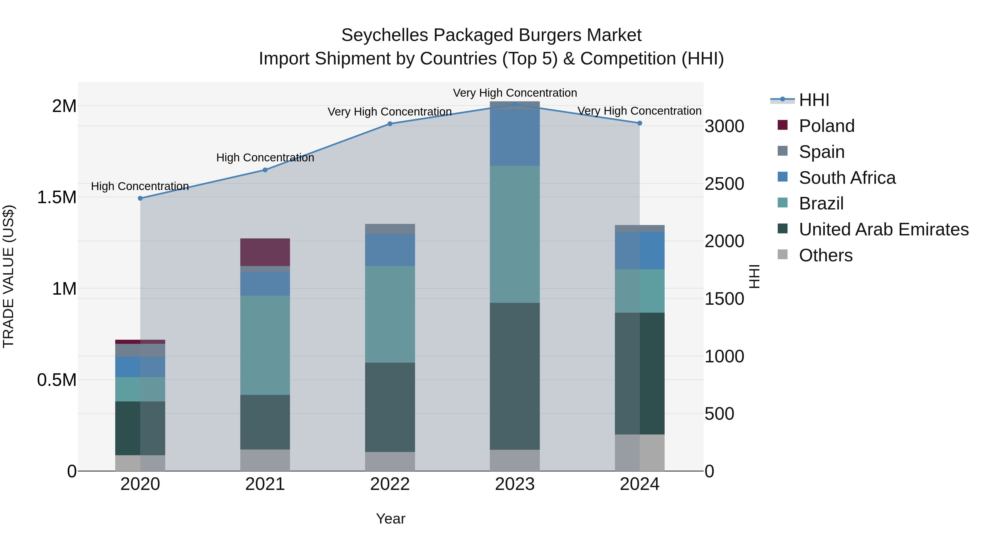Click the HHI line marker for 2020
point(140,199)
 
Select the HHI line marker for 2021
point(265,170)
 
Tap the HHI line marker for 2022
point(390,124)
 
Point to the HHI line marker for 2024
point(640,123)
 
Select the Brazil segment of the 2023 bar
point(515,234)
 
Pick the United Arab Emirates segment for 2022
point(390,407)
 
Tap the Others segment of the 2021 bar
point(265,460)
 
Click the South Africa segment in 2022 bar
point(390,250)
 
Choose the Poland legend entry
point(826,126)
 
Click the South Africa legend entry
point(847,178)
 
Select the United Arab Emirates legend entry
point(883,229)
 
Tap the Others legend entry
point(825,255)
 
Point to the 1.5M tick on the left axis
point(57,197)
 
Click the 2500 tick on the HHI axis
point(724,184)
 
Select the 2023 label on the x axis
point(515,484)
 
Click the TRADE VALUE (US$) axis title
point(8,276)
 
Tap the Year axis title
point(390,519)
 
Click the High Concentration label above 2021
point(265,158)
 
